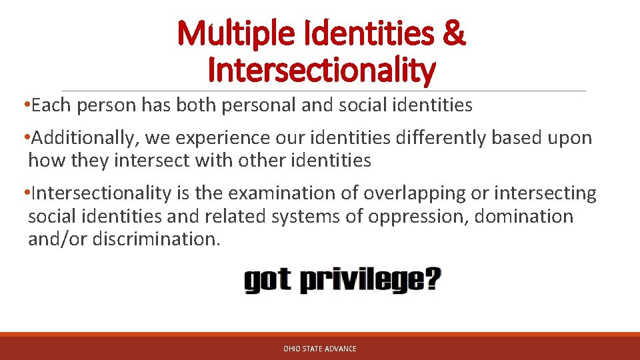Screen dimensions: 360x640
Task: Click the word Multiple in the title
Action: point(229,34)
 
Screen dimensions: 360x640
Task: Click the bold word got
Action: point(267,280)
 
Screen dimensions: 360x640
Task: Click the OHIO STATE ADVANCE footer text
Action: point(320,349)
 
